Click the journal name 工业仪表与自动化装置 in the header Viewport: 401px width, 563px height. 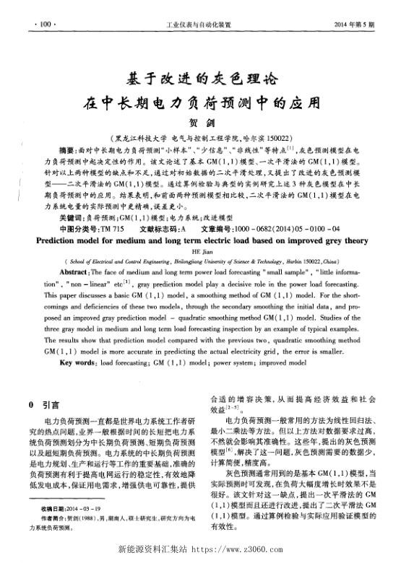pyautogui.click(x=199, y=24)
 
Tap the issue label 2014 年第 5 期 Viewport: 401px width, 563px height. pyautogui.click(x=355, y=24)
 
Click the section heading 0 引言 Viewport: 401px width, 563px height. pyautogui.click(x=43, y=406)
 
